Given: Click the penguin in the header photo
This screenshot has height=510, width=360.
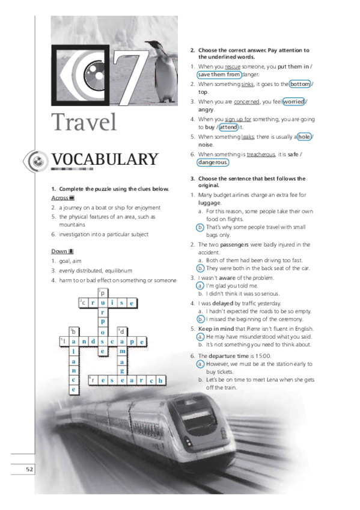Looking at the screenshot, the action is point(163,71).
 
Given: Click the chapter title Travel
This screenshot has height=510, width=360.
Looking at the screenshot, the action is point(84,122).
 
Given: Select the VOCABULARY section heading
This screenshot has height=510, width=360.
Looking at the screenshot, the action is point(105,159).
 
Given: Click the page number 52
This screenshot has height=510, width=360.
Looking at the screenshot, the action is point(28,469).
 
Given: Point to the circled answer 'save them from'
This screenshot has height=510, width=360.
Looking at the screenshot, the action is point(219,75).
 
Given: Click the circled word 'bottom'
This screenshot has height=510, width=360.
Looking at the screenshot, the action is point(300,84).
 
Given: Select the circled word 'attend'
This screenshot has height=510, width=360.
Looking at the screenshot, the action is point(228,127).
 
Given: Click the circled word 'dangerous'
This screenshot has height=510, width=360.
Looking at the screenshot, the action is point(213,162).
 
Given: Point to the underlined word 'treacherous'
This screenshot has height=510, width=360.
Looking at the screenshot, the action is point(260,154).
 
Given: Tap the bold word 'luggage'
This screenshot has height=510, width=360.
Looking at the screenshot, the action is point(210,203).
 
